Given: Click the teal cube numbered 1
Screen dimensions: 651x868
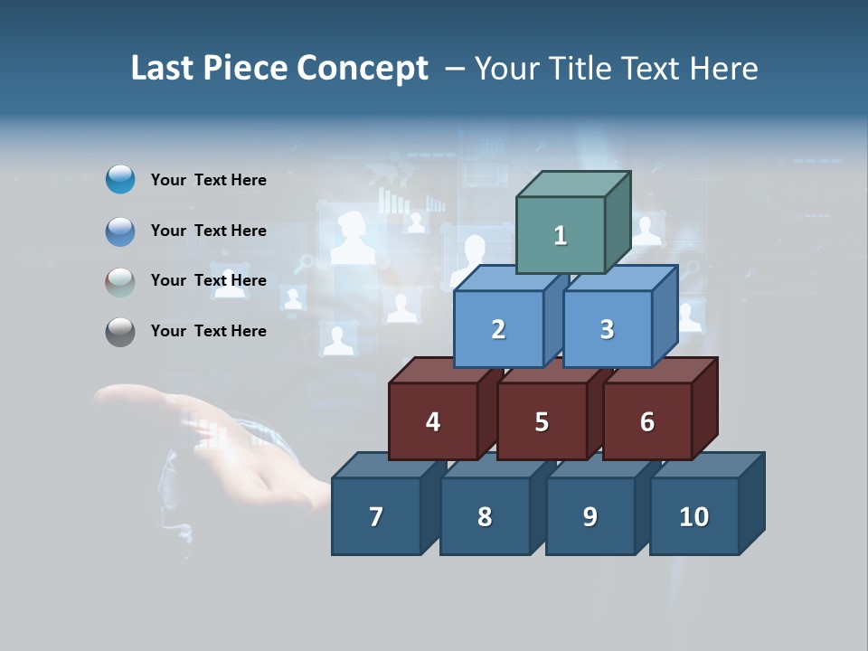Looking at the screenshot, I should [x=561, y=235].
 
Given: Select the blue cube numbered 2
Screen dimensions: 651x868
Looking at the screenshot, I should [x=498, y=329].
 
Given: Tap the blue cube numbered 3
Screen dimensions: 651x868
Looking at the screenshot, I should [x=607, y=329].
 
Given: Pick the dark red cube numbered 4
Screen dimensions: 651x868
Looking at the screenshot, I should [x=433, y=421].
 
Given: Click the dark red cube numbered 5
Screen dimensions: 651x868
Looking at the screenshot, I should [x=542, y=421].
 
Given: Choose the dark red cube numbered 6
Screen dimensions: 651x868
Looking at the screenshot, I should [x=647, y=421].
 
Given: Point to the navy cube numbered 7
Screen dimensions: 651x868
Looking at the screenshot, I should [x=376, y=516].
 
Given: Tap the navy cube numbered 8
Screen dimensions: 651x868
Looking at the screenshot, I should [x=485, y=516].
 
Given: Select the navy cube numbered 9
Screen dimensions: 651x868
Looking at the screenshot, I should [x=590, y=516].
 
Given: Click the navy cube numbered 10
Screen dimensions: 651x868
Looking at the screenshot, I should [x=694, y=516].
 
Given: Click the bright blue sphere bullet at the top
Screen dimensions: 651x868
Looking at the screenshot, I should [x=120, y=180].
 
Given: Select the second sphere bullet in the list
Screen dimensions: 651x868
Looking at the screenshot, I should [x=120, y=231].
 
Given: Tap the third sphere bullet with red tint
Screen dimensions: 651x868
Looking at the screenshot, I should [x=120, y=281].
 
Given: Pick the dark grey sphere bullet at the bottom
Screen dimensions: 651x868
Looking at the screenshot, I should [x=120, y=332].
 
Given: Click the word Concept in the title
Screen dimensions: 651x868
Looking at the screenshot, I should [x=363, y=69].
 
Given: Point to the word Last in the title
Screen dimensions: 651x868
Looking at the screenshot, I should [x=164, y=69].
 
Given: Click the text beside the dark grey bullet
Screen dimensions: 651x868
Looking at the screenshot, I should [x=209, y=331].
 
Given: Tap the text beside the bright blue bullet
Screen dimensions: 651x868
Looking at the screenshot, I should [x=209, y=180].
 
